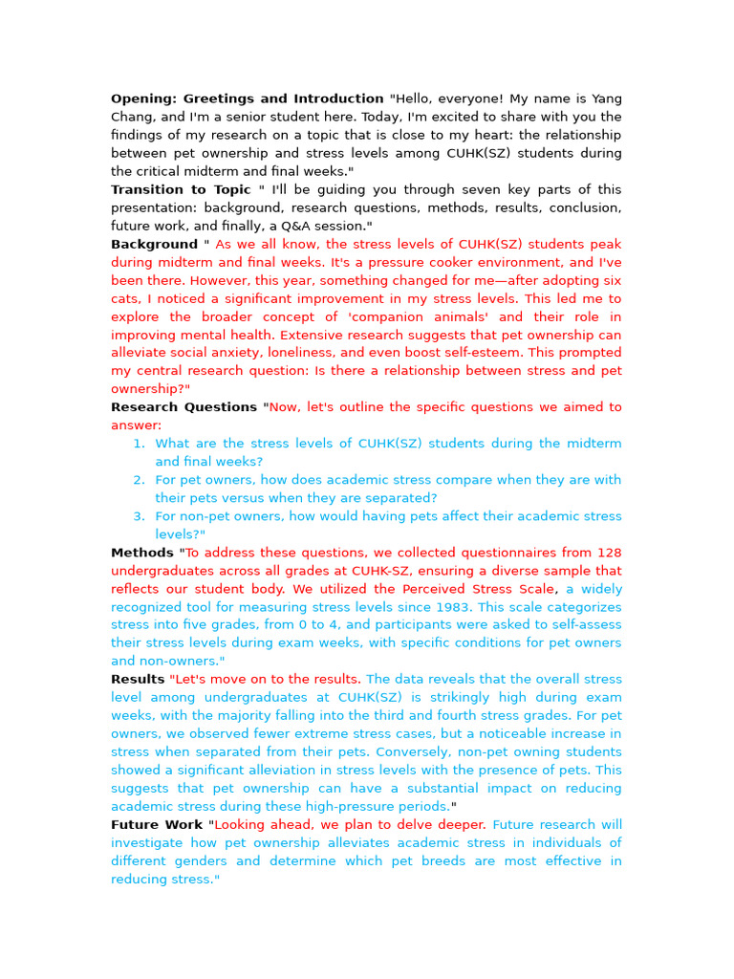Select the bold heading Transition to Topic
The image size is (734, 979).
tap(181, 189)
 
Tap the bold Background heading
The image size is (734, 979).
tap(154, 244)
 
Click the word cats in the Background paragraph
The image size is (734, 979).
tap(126, 298)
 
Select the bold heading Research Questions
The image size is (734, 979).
tap(183, 407)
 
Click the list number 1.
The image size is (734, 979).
tap(138, 444)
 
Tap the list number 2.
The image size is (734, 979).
tap(138, 480)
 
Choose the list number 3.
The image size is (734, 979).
tap(138, 516)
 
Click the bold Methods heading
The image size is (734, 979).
tap(141, 553)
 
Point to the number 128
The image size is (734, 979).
tap(608, 553)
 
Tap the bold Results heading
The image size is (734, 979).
tap(138, 680)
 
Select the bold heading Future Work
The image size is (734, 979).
tap(157, 825)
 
